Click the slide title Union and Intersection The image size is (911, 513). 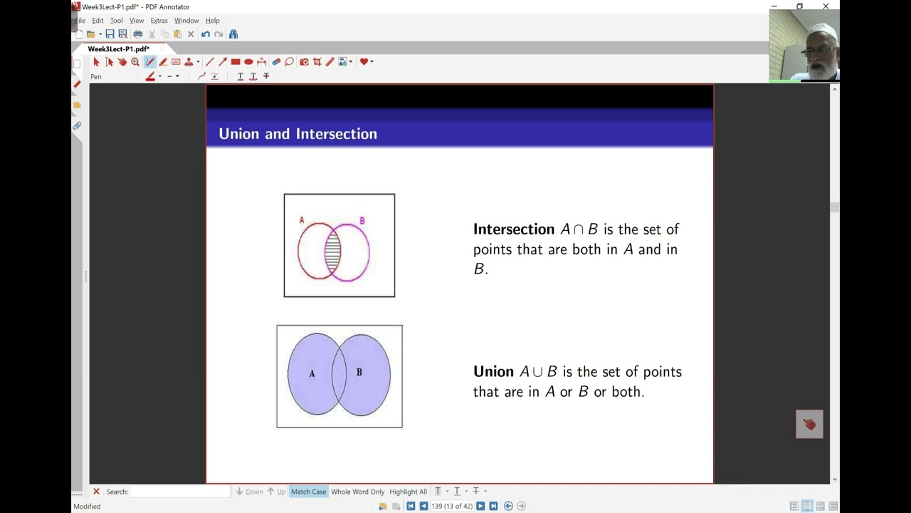click(x=297, y=134)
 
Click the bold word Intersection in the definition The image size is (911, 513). click(x=513, y=229)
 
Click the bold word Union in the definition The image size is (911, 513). click(x=493, y=372)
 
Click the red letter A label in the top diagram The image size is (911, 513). click(x=302, y=220)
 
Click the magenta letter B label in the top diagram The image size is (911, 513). click(x=362, y=221)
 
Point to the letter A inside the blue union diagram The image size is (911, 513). click(x=312, y=373)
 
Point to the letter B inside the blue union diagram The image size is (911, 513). click(x=359, y=372)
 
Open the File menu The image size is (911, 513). click(x=80, y=21)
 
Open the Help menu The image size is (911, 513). click(x=212, y=21)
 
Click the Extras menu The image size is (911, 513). click(x=159, y=21)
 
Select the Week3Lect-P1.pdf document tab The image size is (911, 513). click(x=118, y=49)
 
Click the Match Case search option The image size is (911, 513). click(x=308, y=492)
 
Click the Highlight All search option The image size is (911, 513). click(x=408, y=492)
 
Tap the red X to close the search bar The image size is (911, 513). click(x=96, y=492)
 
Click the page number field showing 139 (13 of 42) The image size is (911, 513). click(x=452, y=506)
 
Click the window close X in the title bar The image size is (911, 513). click(x=826, y=6)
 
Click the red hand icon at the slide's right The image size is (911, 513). click(x=809, y=424)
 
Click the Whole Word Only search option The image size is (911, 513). click(x=357, y=492)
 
